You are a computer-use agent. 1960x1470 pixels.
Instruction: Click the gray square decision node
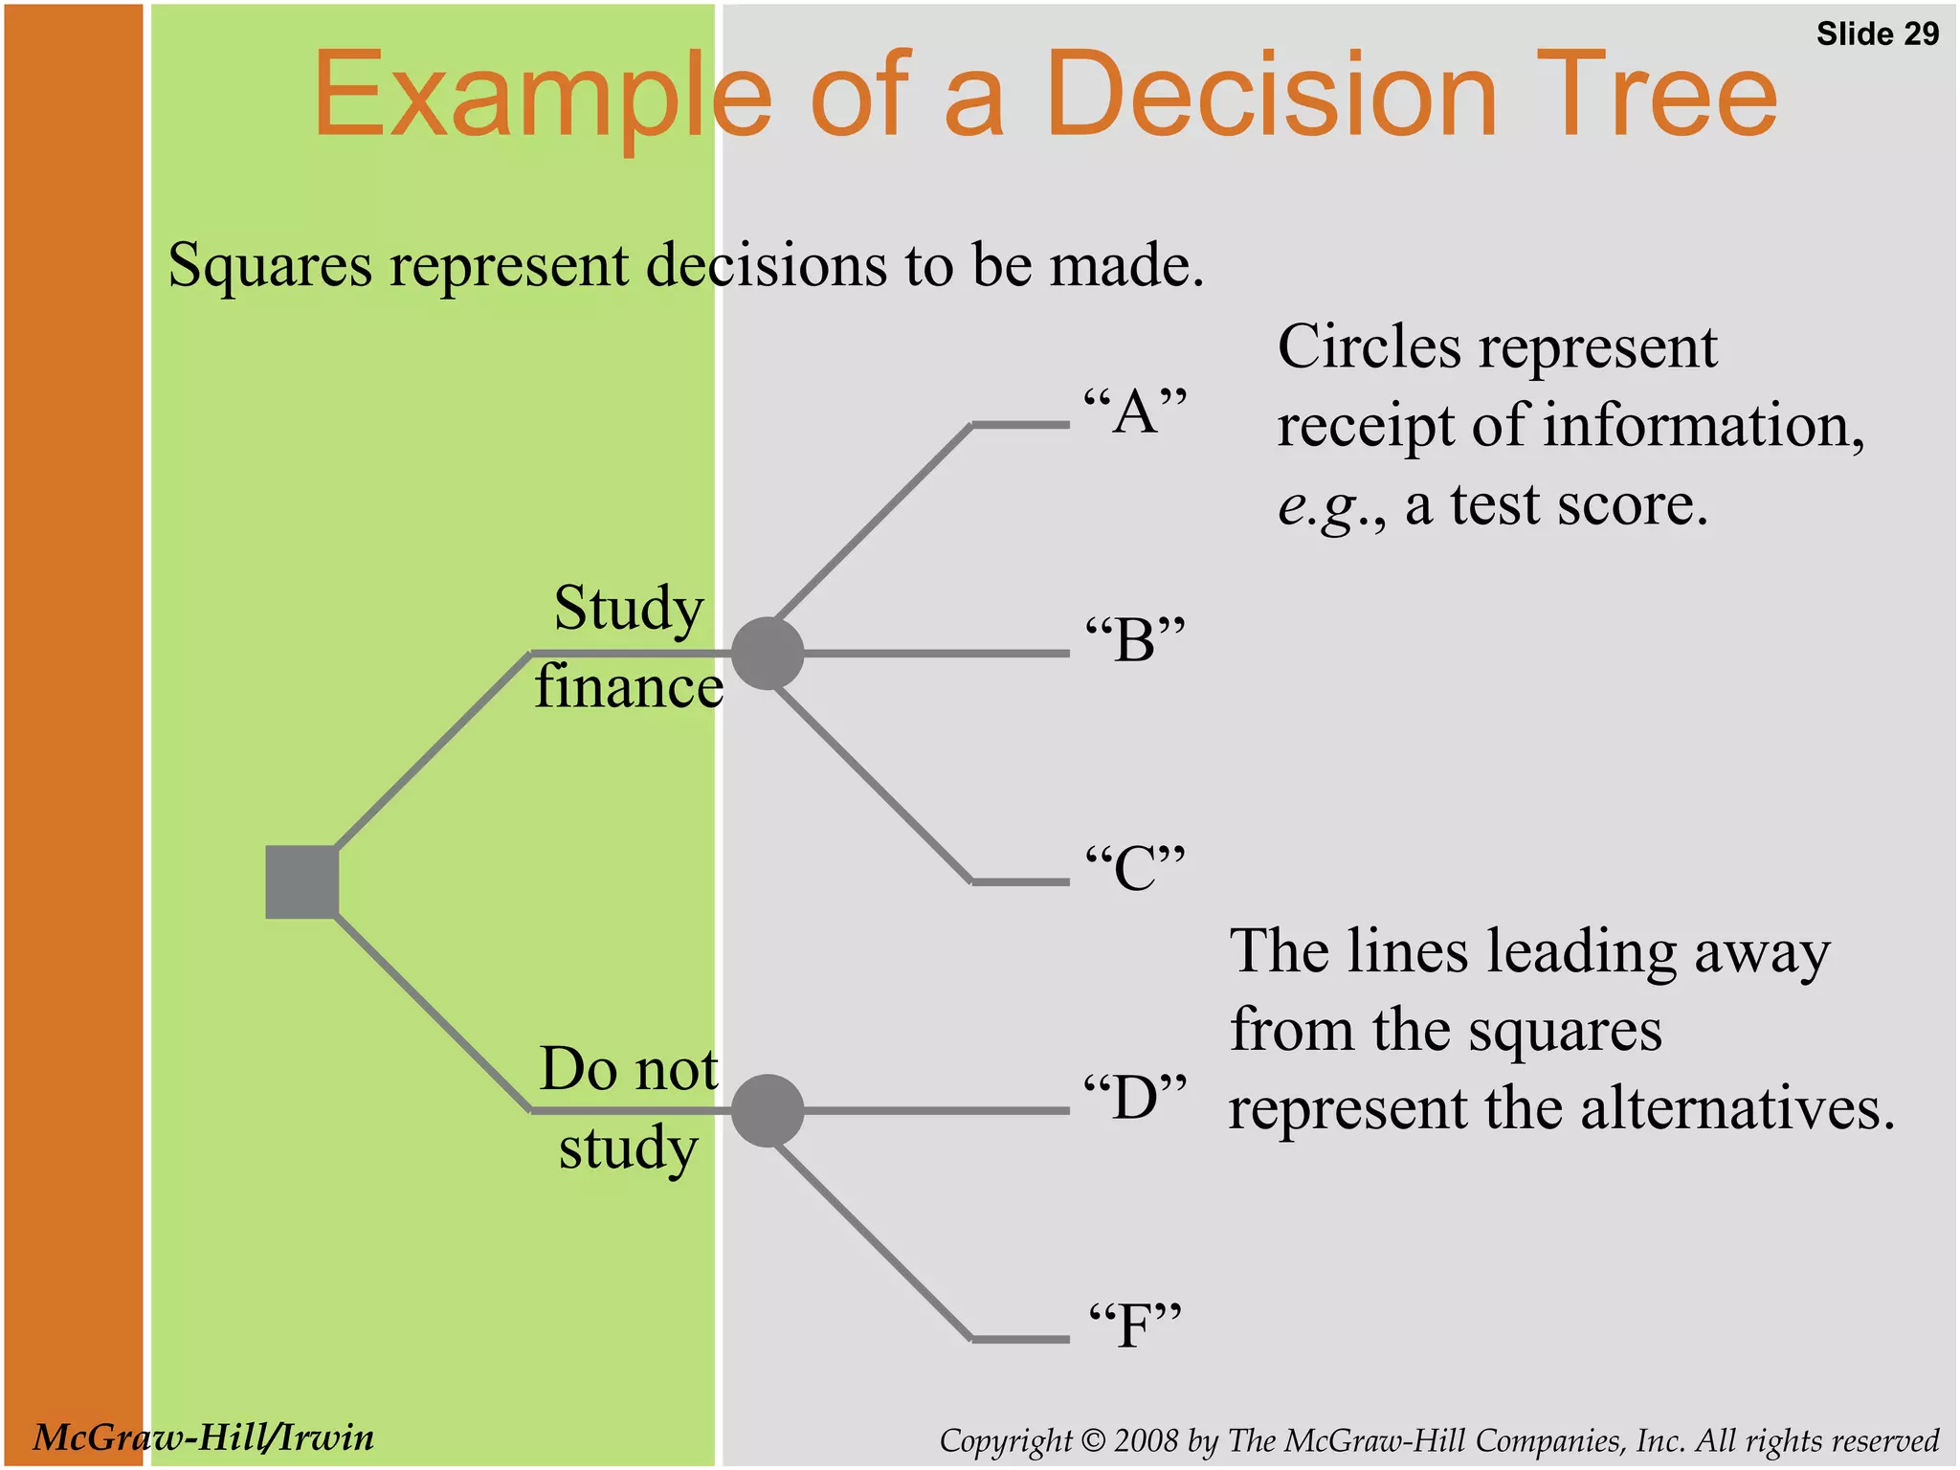click(301, 881)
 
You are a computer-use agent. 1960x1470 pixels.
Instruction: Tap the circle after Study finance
click(768, 654)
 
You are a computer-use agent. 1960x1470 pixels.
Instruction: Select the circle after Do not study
click(768, 1110)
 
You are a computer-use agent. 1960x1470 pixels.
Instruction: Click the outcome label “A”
click(1135, 412)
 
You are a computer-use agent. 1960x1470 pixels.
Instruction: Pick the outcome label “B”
click(1135, 639)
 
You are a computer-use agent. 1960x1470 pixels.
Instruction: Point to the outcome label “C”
click(1135, 868)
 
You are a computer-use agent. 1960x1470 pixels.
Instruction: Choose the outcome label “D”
click(1135, 1097)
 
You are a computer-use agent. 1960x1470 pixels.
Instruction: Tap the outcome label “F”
click(1135, 1325)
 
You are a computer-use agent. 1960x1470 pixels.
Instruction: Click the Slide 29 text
click(1877, 34)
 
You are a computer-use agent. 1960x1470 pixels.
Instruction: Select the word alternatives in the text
click(1736, 1108)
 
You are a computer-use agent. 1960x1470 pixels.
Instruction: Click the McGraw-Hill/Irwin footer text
click(204, 1437)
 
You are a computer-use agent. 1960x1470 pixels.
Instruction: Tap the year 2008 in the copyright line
click(1147, 1440)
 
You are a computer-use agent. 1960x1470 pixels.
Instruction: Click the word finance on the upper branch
click(629, 687)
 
